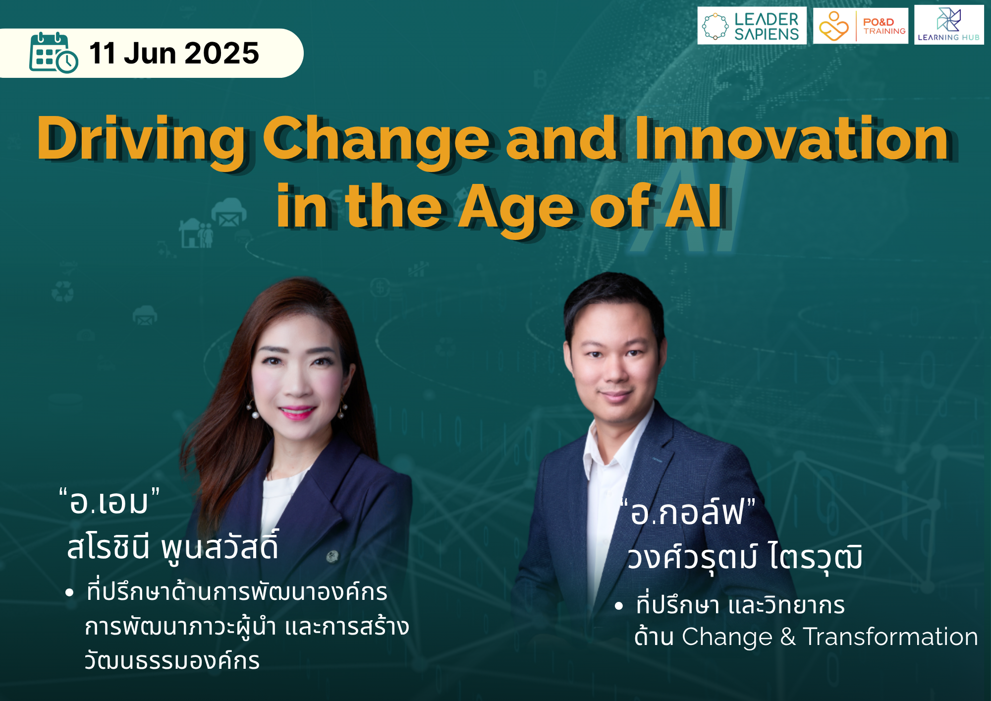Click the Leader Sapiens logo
tap(752, 26)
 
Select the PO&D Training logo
tap(861, 26)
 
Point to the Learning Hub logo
tap(949, 25)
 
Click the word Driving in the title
tap(141, 140)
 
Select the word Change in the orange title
tap(376, 140)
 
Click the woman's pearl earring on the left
tap(256, 413)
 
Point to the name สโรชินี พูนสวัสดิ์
tap(173, 547)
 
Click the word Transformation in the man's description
tap(890, 637)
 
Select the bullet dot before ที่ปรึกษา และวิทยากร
tap(618, 606)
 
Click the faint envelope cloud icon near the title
tap(229, 212)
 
